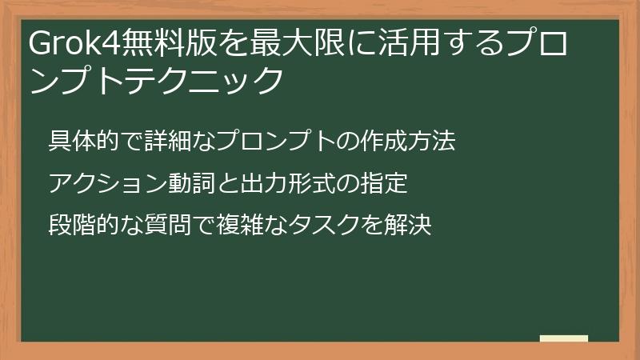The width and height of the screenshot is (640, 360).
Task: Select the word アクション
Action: click(99, 184)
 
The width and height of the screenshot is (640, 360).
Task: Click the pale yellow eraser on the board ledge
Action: click(564, 338)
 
